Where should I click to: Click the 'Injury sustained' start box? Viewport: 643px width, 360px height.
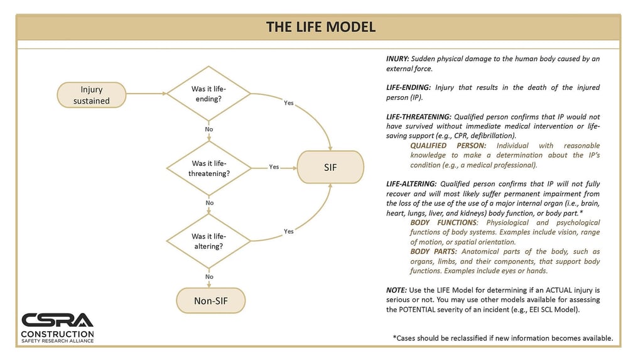pos(92,95)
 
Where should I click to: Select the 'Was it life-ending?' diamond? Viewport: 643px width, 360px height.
pos(208,94)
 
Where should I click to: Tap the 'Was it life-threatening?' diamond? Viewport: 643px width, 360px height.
pos(208,168)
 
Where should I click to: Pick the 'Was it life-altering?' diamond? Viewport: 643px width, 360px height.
pos(208,241)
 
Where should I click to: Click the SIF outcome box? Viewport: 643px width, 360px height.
pos(330,167)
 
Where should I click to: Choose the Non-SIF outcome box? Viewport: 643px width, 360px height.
pos(211,300)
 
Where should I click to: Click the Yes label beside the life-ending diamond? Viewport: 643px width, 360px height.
pos(289,103)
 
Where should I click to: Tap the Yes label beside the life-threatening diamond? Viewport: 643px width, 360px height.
pos(274,166)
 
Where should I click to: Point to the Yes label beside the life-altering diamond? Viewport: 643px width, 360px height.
pos(289,231)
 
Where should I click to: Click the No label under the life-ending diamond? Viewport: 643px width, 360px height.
pos(209,129)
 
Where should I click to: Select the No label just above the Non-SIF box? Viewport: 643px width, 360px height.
pos(209,276)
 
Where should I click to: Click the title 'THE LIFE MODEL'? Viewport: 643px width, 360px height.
pos(321,27)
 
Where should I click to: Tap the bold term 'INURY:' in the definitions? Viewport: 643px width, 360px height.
pos(397,58)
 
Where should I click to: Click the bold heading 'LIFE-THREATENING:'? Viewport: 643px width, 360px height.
pos(419,117)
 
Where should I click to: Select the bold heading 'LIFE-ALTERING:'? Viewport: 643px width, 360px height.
pos(411,184)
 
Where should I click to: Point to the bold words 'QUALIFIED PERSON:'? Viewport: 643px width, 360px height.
pos(448,146)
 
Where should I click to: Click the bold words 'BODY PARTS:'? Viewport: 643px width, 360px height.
pos(433,252)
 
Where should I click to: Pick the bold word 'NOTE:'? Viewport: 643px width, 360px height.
pos(396,290)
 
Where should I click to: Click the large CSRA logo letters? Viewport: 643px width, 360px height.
pos(57,320)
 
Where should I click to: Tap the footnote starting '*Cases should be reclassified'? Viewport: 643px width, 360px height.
pos(503,338)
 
